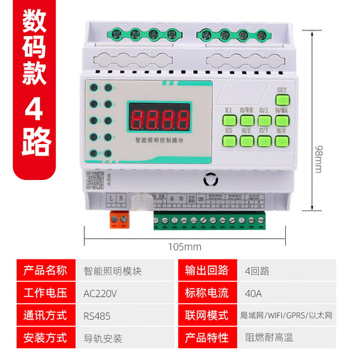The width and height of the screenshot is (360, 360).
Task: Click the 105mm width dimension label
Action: pyautogui.click(x=184, y=246)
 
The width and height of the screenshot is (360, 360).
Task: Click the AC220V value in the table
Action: pyautogui.click(x=100, y=293)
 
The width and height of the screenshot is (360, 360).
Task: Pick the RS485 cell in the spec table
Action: pyautogui.click(x=97, y=315)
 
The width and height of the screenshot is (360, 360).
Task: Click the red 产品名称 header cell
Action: pyautogui.click(x=46, y=270)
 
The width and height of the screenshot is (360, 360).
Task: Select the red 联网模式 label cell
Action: pyautogui.click(x=207, y=315)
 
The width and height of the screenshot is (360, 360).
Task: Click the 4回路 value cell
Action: pyautogui.click(x=258, y=270)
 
